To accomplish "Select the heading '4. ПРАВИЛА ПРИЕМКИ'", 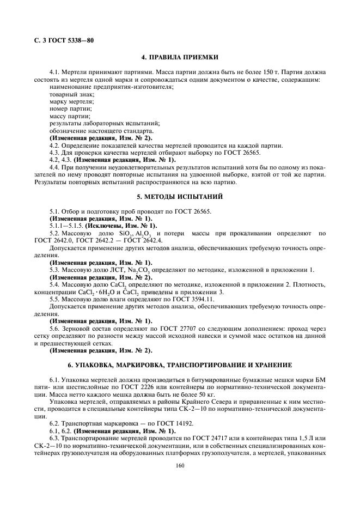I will coord(180,57).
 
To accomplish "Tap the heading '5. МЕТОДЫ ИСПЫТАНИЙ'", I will coord(180,196).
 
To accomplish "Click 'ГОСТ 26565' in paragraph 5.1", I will coord(192,211).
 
